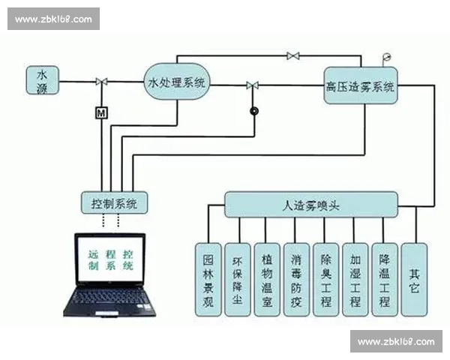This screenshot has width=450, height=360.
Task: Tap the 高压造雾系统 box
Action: click(x=360, y=87)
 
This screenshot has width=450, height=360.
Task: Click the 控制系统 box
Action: click(x=115, y=202)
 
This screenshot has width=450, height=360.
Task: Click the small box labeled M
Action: click(x=100, y=113)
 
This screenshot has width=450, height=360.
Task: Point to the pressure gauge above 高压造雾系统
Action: click(x=386, y=58)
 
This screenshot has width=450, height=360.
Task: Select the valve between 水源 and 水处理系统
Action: click(x=100, y=82)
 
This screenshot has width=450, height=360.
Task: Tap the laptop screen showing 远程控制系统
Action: click(x=110, y=259)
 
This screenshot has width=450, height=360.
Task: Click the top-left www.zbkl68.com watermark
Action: click(x=53, y=19)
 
